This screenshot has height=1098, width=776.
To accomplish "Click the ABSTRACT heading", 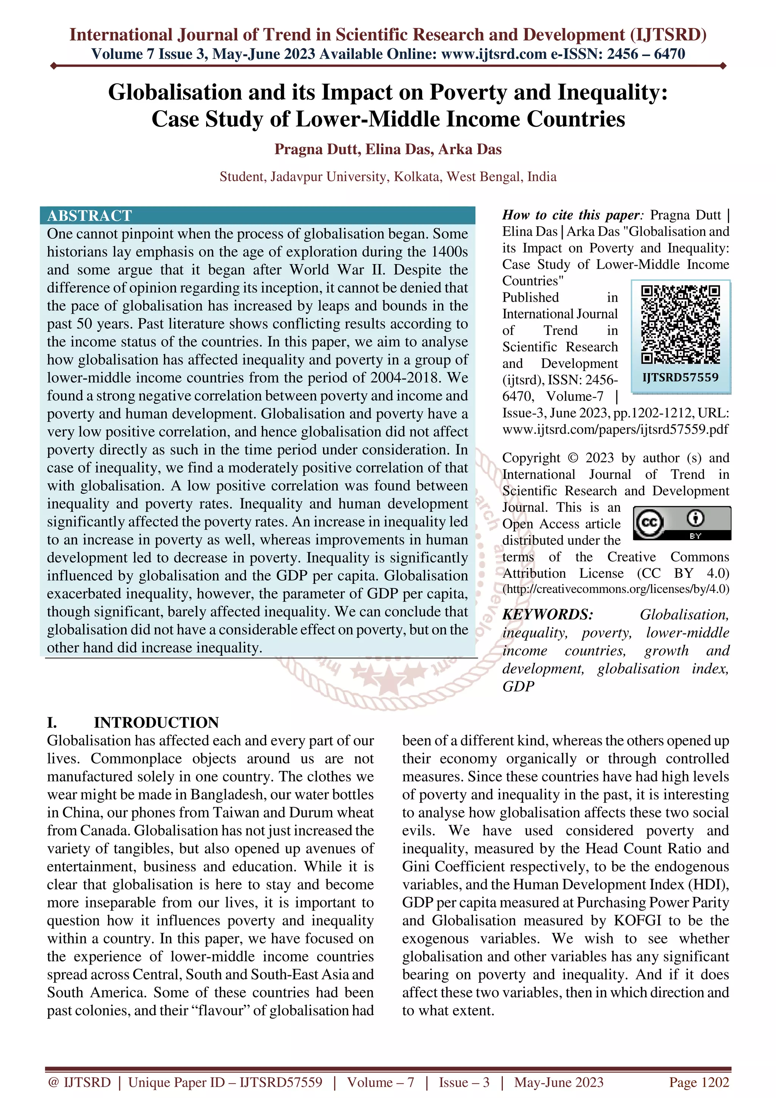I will click(x=89, y=216).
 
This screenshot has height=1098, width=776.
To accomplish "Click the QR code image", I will click(x=681, y=325).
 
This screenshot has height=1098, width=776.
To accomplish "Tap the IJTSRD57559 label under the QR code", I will click(x=681, y=377).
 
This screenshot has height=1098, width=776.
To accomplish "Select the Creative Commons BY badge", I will click(x=682, y=523).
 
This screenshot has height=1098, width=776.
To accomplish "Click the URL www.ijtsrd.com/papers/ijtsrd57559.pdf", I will click(x=615, y=429).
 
